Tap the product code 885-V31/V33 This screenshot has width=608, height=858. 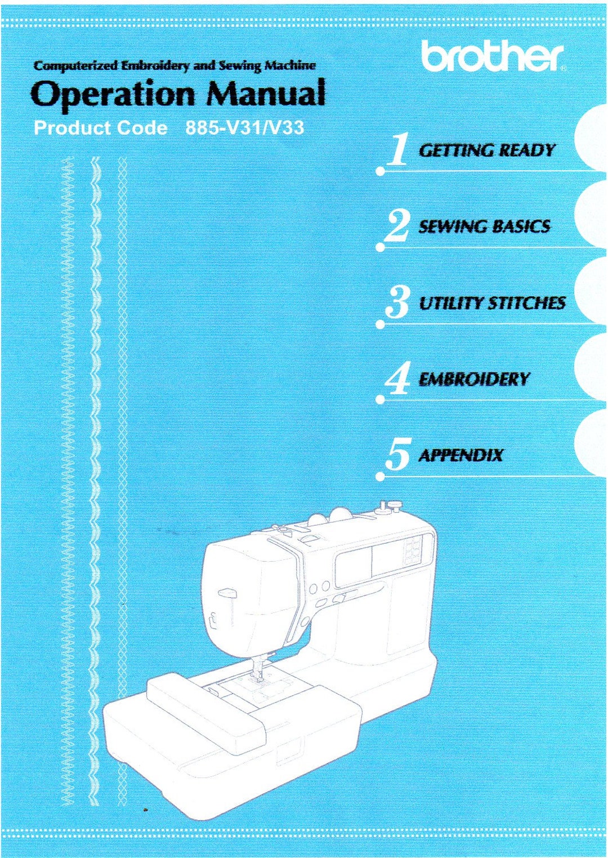point(245,128)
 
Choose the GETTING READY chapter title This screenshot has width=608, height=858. point(486,150)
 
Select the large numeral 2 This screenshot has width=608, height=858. point(397,226)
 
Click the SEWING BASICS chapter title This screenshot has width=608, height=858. point(484,226)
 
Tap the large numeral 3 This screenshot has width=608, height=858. point(397,303)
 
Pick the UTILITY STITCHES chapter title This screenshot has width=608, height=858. point(492,303)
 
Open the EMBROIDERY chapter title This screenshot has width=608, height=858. point(474,379)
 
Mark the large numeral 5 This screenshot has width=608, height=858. point(398,455)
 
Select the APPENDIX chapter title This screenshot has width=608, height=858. point(461,455)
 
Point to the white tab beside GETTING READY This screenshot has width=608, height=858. point(591,141)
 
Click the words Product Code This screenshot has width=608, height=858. point(100,128)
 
